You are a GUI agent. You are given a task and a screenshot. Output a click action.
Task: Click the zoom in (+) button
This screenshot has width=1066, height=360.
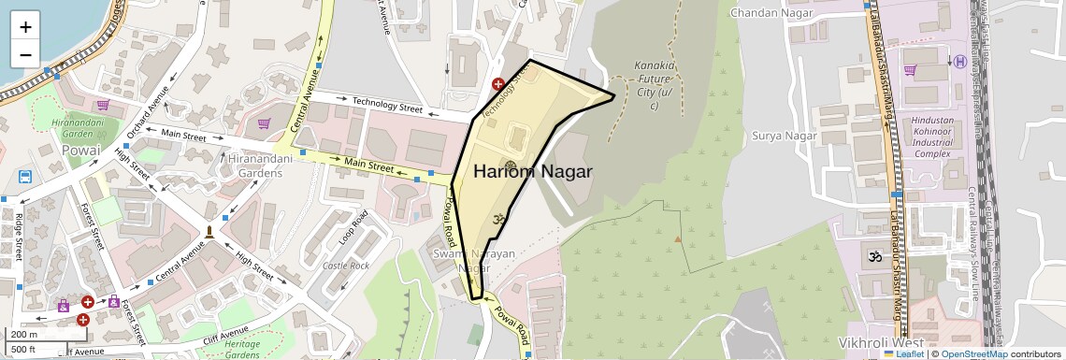coord(25,27)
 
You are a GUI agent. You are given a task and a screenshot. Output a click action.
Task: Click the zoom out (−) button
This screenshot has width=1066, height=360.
coord(25,54)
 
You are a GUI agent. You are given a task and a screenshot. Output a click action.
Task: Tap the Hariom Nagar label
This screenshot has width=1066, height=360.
coord(532,172)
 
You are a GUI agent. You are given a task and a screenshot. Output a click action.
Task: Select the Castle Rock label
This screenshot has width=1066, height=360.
coord(346,266)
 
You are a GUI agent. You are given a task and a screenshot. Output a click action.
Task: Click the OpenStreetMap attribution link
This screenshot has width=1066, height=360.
coord(974,353)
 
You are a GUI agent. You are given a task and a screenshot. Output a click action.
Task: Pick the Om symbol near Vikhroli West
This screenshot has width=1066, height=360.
coord(877,256)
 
